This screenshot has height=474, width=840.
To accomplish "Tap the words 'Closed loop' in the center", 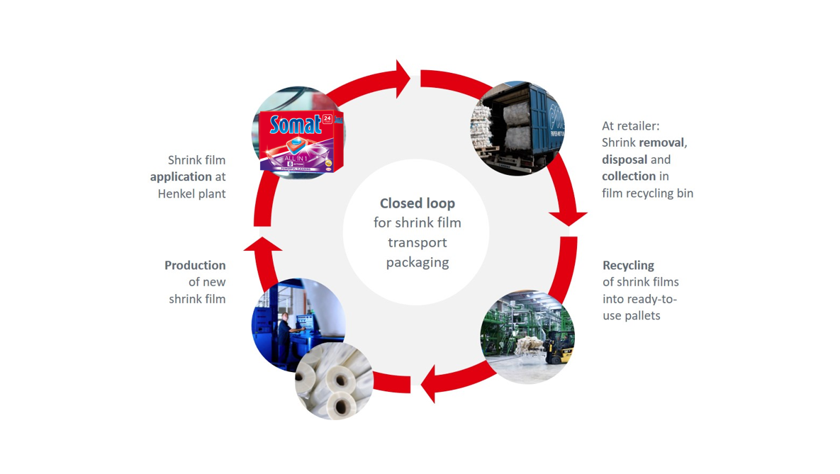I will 417,203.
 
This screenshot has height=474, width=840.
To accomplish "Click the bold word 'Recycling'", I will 628,265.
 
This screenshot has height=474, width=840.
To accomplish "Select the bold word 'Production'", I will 195,265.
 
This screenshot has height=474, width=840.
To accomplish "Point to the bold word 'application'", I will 181,176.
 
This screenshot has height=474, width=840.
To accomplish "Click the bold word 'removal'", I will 662,142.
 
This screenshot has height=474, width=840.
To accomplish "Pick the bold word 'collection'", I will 628,176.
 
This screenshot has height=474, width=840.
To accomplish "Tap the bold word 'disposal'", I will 625,159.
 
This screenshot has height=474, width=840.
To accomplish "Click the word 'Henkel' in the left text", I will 178,193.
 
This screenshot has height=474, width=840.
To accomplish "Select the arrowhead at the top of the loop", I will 403,79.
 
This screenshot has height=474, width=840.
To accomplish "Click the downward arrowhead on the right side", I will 568,217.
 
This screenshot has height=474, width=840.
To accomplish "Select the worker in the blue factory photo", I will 286,329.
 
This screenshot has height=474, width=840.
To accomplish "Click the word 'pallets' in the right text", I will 642,315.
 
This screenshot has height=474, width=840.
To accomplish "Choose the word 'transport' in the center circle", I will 417,242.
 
